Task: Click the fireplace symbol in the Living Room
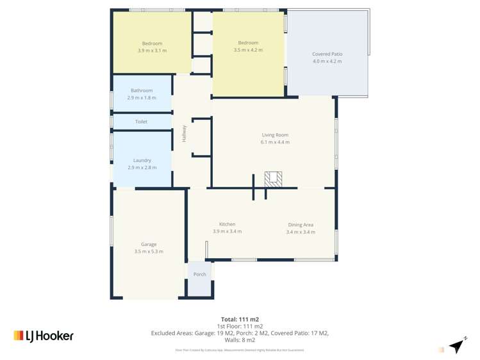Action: coord(274,179)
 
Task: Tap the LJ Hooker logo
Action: coord(44,336)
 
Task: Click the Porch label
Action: coord(200,274)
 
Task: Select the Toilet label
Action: coord(141,122)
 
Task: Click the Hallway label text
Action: coord(185,133)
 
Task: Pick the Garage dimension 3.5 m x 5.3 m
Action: coord(149,252)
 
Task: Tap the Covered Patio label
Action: coord(327,54)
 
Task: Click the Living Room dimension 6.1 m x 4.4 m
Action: coord(276,142)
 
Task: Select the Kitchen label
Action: coord(227,224)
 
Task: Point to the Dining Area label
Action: coord(301,225)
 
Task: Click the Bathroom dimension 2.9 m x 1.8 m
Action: coord(142,98)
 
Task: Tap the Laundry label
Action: coord(142,160)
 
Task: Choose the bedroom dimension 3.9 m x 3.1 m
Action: coord(152,51)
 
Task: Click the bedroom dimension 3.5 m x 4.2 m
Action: coord(248,50)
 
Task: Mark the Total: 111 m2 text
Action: coord(240,319)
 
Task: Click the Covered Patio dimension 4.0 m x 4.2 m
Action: coord(327,61)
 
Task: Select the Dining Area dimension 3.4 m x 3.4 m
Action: coord(301,232)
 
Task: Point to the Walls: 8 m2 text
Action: coord(240,340)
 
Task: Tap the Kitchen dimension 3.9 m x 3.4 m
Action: coord(227,231)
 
